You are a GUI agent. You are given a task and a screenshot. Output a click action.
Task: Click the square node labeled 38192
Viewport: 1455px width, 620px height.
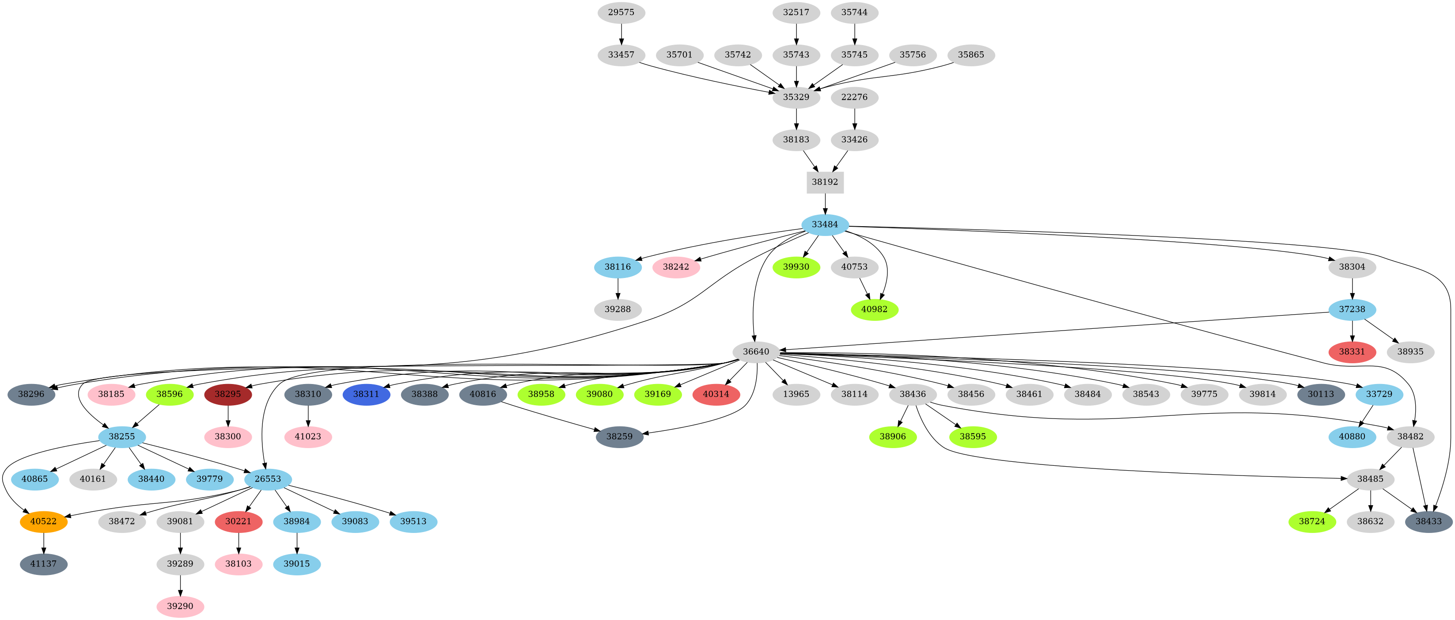[x=825, y=182]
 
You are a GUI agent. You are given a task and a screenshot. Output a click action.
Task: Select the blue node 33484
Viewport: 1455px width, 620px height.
[x=825, y=224]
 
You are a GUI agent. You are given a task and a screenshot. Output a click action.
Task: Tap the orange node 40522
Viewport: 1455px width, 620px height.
[x=43, y=521]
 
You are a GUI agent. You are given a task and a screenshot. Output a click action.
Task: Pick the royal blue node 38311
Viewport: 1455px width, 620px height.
[x=366, y=394]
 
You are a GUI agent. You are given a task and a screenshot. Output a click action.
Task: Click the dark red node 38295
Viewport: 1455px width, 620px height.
[x=227, y=394]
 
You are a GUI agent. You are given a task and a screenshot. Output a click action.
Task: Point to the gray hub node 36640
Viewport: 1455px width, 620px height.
[x=756, y=352]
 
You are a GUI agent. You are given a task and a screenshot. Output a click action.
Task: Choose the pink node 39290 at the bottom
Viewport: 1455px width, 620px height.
[x=180, y=606]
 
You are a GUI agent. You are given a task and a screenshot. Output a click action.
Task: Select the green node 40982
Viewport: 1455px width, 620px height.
[x=874, y=309]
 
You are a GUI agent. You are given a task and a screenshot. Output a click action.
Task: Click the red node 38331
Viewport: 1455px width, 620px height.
[x=1352, y=352]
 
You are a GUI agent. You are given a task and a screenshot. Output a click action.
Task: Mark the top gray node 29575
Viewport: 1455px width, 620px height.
[x=621, y=12]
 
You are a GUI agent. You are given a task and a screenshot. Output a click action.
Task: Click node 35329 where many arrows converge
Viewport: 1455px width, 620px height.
[x=796, y=97]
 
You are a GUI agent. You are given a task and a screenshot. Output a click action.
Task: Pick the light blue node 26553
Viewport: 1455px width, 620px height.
[x=268, y=479]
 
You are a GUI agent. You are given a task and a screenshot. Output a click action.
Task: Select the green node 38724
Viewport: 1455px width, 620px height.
[x=1311, y=521]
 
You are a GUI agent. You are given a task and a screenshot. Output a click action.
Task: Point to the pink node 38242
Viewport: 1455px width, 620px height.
[x=676, y=267]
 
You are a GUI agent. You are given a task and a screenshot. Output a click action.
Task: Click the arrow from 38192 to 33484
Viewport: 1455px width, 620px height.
[x=825, y=203]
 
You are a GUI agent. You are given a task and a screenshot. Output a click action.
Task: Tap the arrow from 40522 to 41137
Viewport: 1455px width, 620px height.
[x=43, y=543]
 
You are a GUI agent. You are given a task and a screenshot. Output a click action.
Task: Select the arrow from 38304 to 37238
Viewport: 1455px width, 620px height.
[x=1352, y=288]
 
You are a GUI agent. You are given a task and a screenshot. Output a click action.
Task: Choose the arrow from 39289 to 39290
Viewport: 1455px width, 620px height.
[x=180, y=585]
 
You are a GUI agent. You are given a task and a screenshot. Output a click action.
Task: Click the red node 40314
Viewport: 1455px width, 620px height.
[x=716, y=394]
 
